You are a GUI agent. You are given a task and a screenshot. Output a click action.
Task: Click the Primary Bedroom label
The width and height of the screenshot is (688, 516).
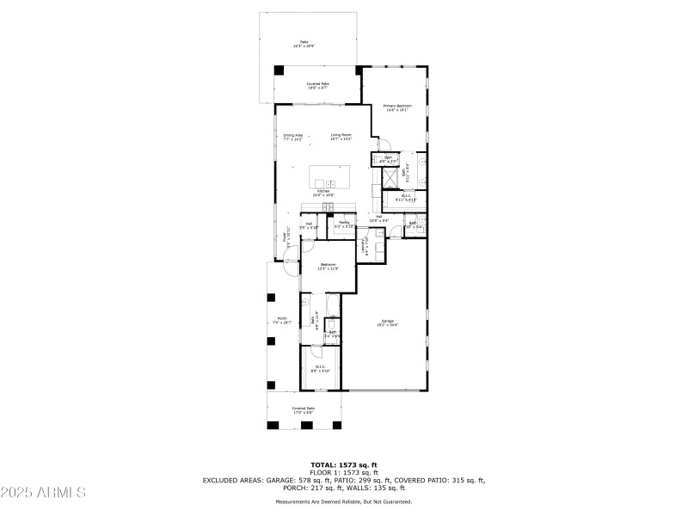coord(396,107)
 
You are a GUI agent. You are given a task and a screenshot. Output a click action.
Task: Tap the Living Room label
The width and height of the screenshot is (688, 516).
coord(341,136)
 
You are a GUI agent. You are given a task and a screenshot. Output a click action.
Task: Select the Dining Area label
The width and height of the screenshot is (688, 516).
coord(293,136)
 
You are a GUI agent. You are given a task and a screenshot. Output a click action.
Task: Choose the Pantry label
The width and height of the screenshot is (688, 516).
coord(343,224)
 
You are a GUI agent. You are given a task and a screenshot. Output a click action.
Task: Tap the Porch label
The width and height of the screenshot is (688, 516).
coord(283,322)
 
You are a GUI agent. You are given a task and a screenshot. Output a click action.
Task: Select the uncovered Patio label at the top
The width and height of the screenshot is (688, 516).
coord(304,44)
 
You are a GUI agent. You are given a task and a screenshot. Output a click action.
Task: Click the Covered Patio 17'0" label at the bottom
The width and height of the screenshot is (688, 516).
coord(303,410)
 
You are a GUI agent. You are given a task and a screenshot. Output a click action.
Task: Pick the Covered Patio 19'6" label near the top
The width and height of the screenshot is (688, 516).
coord(318,85)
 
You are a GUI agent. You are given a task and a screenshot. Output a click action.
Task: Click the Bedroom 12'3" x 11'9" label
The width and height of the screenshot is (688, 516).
coord(328,266)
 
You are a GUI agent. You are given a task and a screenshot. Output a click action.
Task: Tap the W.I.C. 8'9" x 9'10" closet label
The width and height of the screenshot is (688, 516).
coord(321,369)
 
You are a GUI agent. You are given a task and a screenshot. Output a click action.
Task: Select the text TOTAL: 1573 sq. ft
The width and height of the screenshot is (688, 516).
coord(343,464)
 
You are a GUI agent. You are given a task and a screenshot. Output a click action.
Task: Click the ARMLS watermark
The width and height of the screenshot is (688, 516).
coord(43,493)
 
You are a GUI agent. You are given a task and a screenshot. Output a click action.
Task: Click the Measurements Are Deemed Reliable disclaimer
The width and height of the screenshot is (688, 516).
coord(343,501)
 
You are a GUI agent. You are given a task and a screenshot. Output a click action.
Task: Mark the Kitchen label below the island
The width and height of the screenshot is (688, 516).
coord(323,193)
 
